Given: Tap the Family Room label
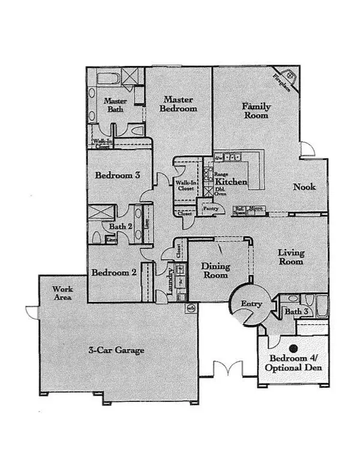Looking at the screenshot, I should click(x=256, y=110).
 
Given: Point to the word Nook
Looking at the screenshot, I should click(x=304, y=187).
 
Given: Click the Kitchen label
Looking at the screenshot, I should click(x=231, y=181).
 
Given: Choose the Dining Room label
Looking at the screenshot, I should click(x=214, y=271).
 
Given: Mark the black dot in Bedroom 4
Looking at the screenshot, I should click(x=294, y=348).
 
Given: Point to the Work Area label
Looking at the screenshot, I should click(x=62, y=292).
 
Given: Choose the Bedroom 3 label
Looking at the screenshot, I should click(x=118, y=175).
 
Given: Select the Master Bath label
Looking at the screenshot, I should click(x=115, y=105).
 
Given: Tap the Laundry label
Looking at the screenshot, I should click(x=170, y=280).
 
